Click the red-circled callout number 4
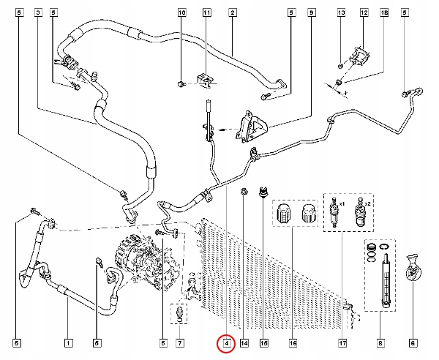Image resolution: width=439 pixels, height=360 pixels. (227, 342)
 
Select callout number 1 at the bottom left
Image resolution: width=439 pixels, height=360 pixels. (67, 342)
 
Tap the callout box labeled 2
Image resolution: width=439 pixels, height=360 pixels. (231, 13)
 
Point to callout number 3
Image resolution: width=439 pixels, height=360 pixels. (39, 13)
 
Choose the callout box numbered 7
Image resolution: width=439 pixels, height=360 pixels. (180, 342)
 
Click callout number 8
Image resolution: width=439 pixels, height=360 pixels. (380, 342)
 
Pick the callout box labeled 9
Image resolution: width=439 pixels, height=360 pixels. (312, 13)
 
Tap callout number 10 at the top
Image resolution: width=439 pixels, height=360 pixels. (182, 13)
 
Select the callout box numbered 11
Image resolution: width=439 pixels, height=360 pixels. (207, 13)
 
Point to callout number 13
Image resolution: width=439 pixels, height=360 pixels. (341, 13)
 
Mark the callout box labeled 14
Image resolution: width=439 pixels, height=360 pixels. (244, 342)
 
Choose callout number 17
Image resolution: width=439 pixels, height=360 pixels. (341, 342)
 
